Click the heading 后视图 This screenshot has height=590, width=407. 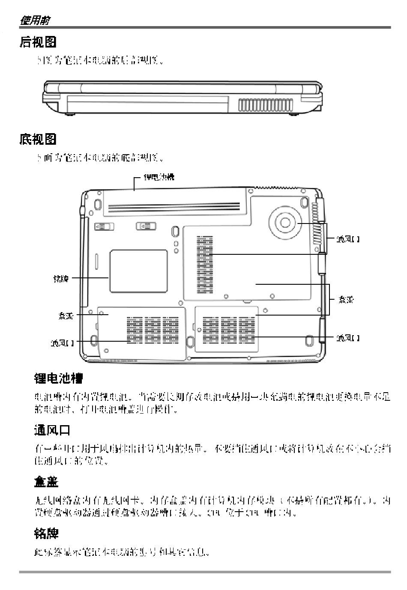click(x=38, y=42)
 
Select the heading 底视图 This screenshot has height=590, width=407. click(x=38, y=139)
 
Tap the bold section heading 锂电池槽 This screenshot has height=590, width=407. click(x=58, y=378)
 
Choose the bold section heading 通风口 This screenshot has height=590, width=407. click(x=52, y=430)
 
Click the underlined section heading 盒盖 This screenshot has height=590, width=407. click(x=46, y=482)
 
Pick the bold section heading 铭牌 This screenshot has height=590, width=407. click(x=46, y=533)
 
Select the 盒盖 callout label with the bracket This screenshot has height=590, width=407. click(x=345, y=299)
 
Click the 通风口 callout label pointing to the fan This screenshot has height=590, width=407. click(x=347, y=239)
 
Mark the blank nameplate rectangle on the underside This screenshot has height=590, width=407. click(x=138, y=271)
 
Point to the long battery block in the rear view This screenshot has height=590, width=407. click(x=147, y=104)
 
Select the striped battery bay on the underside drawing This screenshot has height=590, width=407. click(x=174, y=201)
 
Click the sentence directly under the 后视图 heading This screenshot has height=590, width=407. click(x=100, y=61)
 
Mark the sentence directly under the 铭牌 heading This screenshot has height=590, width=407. click(x=122, y=551)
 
